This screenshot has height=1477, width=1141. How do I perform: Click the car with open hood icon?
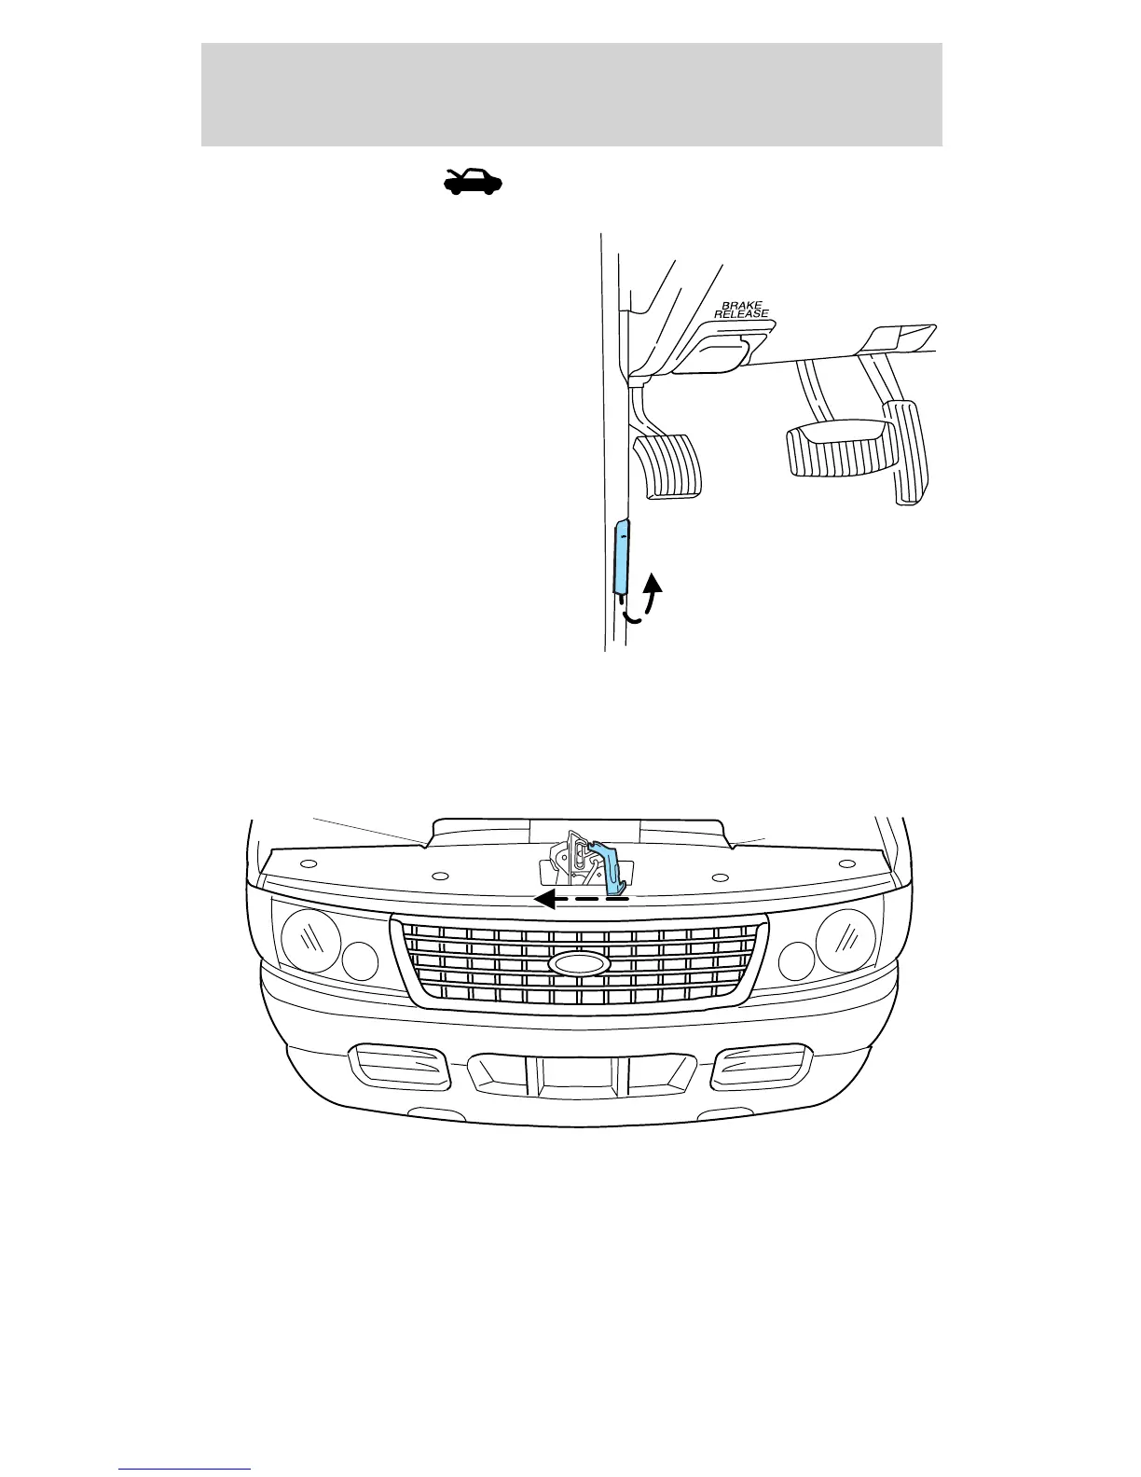474,181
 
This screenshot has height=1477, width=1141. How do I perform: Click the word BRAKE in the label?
742,306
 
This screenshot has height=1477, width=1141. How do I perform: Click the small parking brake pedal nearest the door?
668,467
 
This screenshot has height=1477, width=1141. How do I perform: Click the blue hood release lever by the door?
622,558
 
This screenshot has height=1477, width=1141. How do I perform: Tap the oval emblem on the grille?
579,962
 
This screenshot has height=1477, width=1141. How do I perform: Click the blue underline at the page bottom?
185,1470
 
